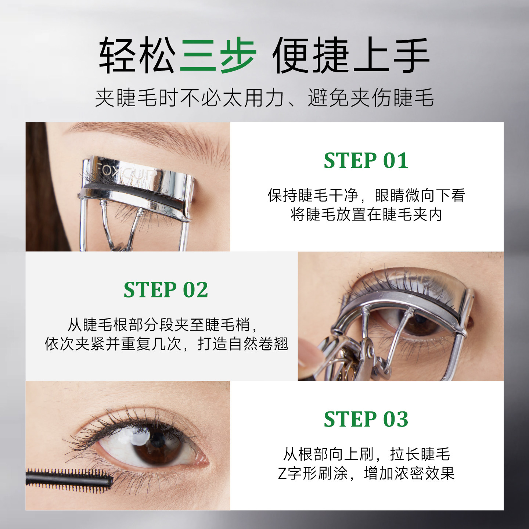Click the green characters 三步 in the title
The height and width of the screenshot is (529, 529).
click(218, 55)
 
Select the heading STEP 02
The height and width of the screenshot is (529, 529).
click(166, 289)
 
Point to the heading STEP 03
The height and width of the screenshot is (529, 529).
click(366, 419)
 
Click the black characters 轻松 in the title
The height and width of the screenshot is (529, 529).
click(137, 55)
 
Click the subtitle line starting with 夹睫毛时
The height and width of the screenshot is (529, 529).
click(264, 97)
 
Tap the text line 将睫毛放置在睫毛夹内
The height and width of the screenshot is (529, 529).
click(366, 215)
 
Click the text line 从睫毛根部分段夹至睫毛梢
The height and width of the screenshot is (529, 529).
click(162, 325)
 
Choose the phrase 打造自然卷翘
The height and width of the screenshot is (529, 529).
click(243, 344)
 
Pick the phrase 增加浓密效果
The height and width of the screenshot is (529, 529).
click(409, 473)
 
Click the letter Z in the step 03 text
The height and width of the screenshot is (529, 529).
click(282, 474)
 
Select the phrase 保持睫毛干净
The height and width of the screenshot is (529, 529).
click(313, 195)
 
